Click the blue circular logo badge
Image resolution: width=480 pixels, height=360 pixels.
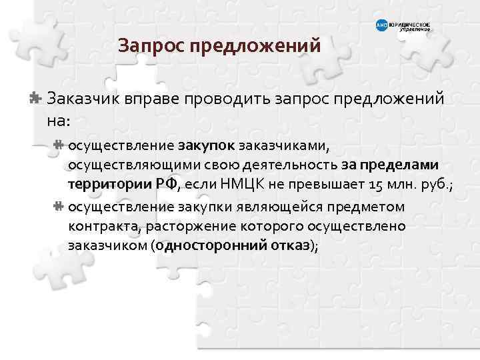pyautogui.click(x=382, y=26)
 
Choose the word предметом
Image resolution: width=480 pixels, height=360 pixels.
pyautogui.click(x=373, y=207)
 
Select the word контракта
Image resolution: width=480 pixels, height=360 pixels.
pyautogui.click(x=100, y=226)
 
